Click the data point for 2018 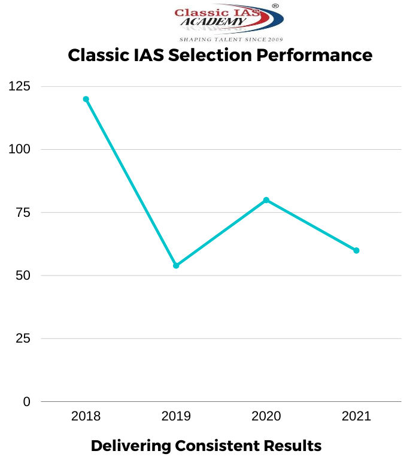pyautogui.click(x=86, y=99)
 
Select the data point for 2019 pyautogui.click(x=176, y=265)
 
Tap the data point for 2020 pyautogui.click(x=266, y=200)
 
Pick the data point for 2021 pyautogui.click(x=356, y=250)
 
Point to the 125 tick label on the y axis pyautogui.click(x=19, y=86)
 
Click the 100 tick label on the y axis pyautogui.click(x=19, y=149)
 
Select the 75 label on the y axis pyautogui.click(x=23, y=213)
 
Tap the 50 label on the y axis pyautogui.click(x=23, y=276)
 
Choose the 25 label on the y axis pyautogui.click(x=23, y=339)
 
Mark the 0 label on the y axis pyautogui.click(x=26, y=402)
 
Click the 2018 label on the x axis pyautogui.click(x=86, y=416)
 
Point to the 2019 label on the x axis pyautogui.click(x=176, y=416)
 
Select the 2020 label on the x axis pyautogui.click(x=266, y=416)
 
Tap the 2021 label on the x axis pyautogui.click(x=356, y=416)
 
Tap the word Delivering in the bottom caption pyautogui.click(x=130, y=446)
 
